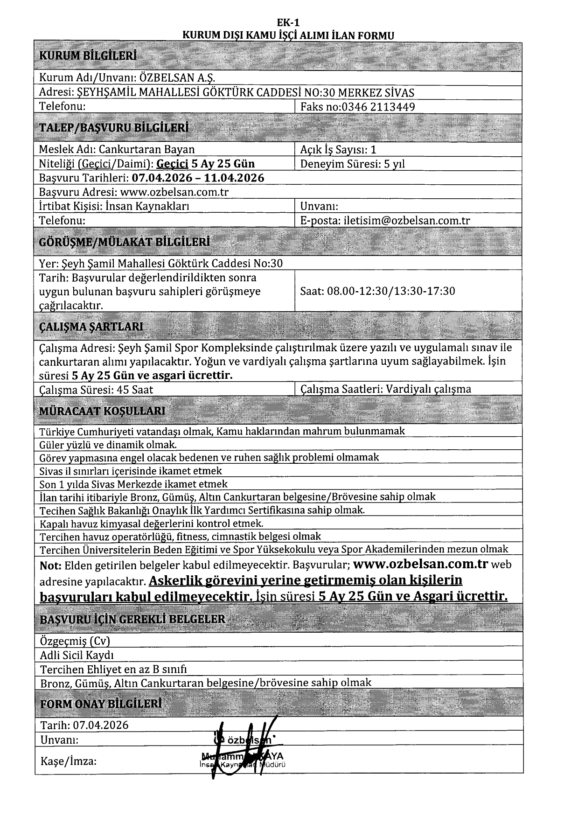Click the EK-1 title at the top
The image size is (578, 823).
point(288,23)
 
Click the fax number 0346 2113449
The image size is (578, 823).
point(378,107)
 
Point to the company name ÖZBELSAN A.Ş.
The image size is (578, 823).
point(178,78)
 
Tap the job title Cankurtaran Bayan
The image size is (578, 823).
point(146,149)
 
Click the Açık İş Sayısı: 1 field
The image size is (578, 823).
point(338,149)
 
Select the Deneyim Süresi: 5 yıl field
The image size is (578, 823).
point(352,164)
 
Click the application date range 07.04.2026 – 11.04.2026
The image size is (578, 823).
point(198,178)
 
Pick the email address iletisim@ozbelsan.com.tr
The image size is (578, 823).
point(406,221)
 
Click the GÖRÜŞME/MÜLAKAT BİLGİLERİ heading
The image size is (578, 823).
point(124,242)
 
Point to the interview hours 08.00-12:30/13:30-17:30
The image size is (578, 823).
point(391,291)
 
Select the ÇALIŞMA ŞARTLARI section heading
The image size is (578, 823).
point(91,326)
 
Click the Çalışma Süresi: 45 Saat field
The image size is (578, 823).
point(96,390)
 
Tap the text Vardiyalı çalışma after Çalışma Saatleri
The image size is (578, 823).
point(429,389)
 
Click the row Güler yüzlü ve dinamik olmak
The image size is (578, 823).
point(108,445)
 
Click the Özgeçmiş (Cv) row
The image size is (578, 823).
point(75,641)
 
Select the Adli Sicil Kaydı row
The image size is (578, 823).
point(77,655)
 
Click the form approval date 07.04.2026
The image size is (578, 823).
point(100,725)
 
